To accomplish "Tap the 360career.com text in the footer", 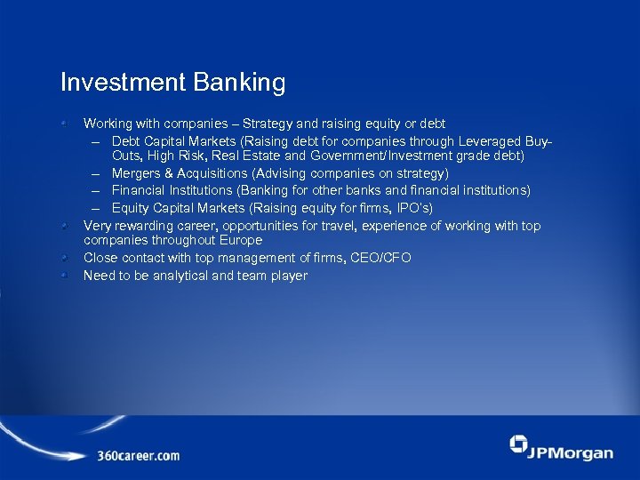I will pos(139,456).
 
